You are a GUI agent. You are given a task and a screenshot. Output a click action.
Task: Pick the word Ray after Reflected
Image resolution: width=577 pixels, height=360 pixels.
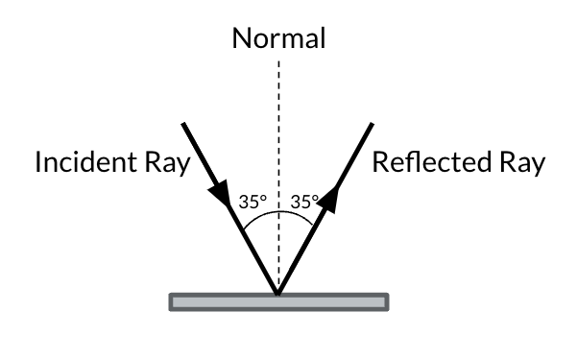(519, 162)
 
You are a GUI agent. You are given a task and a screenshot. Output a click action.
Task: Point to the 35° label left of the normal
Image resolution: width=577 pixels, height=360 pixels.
(252, 203)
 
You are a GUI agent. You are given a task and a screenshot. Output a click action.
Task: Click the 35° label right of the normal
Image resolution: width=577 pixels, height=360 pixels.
(304, 203)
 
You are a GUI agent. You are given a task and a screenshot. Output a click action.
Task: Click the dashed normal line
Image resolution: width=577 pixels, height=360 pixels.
(278, 144)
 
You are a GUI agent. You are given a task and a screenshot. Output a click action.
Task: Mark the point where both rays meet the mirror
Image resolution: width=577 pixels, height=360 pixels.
(278, 294)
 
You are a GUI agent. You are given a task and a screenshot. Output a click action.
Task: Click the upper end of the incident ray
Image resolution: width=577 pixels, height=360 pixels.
(184, 122)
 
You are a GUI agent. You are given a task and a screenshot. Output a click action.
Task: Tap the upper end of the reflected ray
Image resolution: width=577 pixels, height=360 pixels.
(373, 122)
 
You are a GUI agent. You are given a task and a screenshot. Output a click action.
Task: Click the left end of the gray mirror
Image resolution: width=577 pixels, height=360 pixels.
(173, 302)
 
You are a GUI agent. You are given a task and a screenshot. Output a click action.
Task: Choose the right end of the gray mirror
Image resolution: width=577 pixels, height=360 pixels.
(385, 302)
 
